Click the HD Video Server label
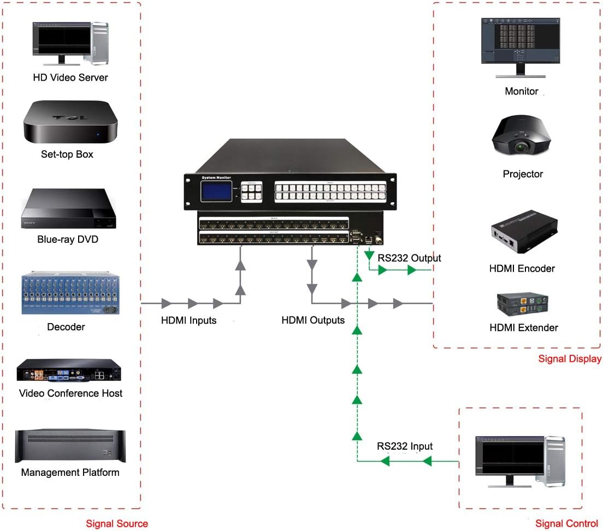click(x=70, y=77)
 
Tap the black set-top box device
click(x=70, y=122)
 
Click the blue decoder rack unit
click(x=69, y=293)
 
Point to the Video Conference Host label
click(x=70, y=393)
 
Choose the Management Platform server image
click(x=70, y=445)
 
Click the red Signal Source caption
click(x=117, y=523)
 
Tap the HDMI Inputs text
click(x=188, y=320)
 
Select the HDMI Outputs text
click(x=313, y=320)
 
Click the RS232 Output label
click(x=409, y=258)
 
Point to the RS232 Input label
click(x=405, y=446)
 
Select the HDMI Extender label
click(x=524, y=327)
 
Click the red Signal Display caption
click(x=570, y=359)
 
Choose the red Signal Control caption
click(x=567, y=523)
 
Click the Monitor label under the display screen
click(x=522, y=91)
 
